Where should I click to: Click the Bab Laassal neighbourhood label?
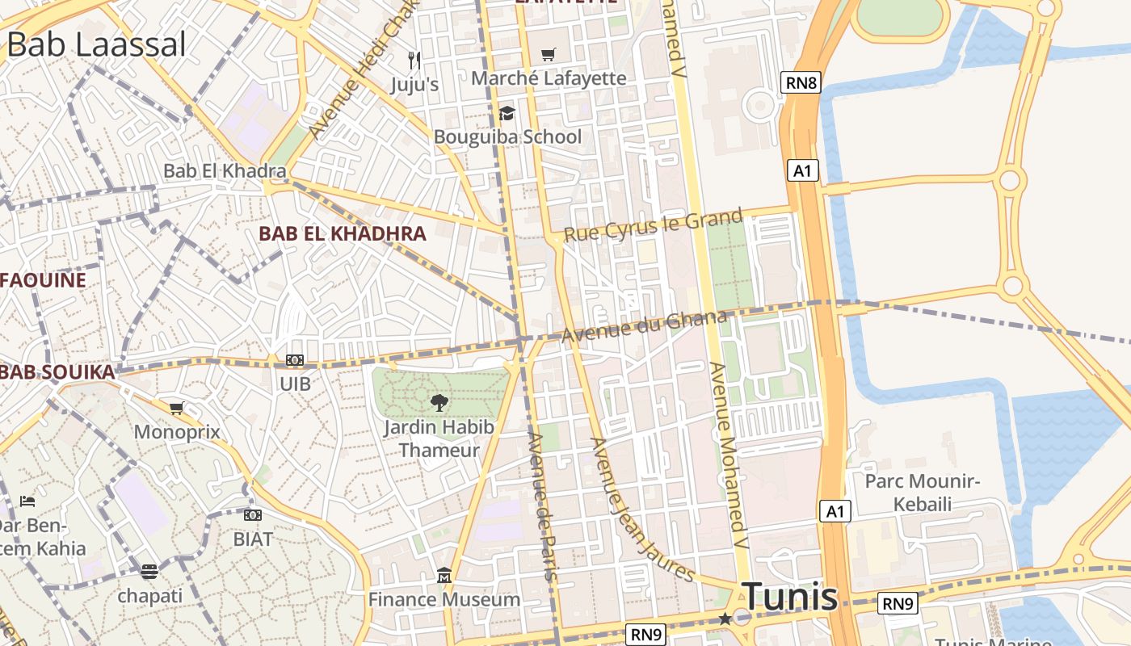[96, 44]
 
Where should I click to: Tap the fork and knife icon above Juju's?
[414, 60]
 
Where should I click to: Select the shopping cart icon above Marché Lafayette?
[549, 55]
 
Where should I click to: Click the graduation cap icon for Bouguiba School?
[507, 113]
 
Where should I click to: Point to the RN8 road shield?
[801, 82]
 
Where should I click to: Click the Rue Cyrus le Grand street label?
[653, 225]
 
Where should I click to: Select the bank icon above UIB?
[295, 360]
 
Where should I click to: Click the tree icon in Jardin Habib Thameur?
[439, 401]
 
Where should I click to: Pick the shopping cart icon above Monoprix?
[176, 409]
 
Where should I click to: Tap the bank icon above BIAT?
[253, 515]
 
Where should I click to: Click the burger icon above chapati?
[149, 572]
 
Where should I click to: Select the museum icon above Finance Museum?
[444, 576]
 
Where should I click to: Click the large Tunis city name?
[789, 597]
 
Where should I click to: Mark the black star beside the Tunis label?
[725, 619]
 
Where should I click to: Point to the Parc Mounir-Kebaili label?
[922, 493]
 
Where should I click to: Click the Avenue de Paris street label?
[542, 506]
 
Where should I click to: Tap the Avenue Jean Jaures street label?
[642, 510]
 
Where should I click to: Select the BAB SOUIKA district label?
[58, 372]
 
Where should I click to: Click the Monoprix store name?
[177, 431]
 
